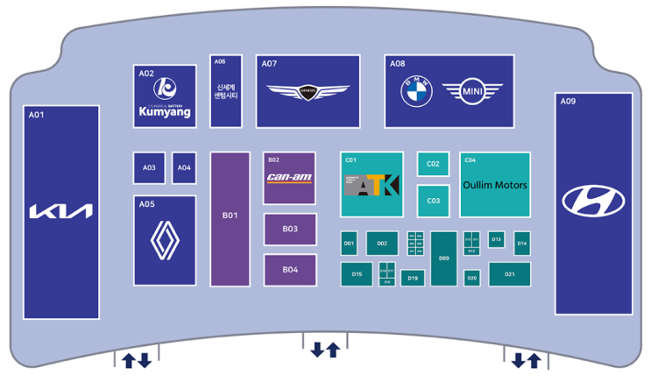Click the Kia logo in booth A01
point(60,211)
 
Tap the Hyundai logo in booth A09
point(593,201)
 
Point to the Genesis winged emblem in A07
point(308,91)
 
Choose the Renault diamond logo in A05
point(165,241)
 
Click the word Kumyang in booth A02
point(165,112)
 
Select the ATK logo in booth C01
point(371,185)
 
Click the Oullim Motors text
point(495,186)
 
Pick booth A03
point(149,168)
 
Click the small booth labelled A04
point(184,168)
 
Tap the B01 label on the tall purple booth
point(230,215)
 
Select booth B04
point(290,270)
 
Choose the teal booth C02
point(433,164)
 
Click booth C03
point(433,201)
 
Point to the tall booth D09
point(443,258)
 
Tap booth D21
point(509,274)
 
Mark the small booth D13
point(496,239)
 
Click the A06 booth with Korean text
point(225,90)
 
